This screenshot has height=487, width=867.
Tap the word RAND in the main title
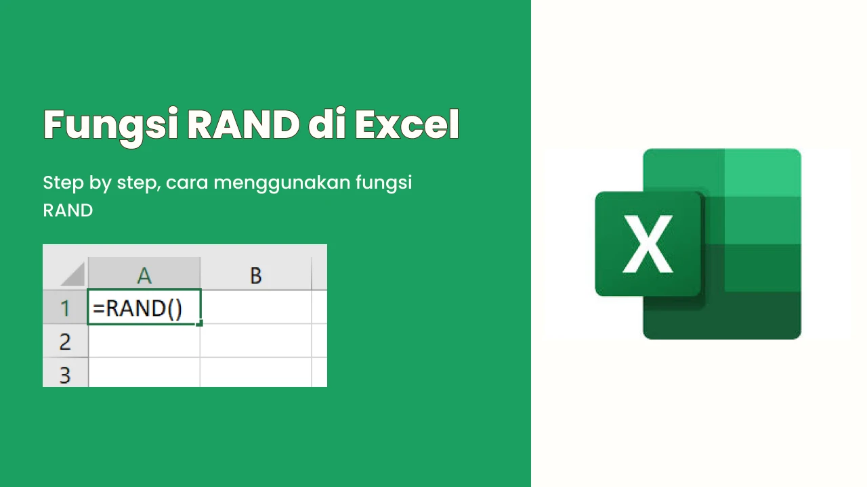coord(243,124)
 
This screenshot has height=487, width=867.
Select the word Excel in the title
coord(407,124)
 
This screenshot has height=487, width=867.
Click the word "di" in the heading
coord(327,124)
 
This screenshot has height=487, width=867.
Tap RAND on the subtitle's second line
coord(68,210)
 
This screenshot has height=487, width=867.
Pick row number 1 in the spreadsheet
coord(65,307)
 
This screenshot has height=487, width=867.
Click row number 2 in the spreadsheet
coord(65,341)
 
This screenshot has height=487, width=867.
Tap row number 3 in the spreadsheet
coord(65,373)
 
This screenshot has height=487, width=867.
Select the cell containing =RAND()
coord(144,307)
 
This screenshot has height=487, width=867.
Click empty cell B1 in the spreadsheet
coord(256,307)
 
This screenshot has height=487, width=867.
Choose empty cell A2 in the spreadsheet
coord(144,341)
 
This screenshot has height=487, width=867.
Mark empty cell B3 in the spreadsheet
coord(256,373)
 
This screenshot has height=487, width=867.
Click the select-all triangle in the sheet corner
coord(76,277)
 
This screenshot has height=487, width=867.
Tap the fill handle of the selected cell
coord(199,323)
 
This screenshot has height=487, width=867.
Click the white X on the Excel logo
coord(648,244)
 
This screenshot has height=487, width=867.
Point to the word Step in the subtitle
coord(64,183)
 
